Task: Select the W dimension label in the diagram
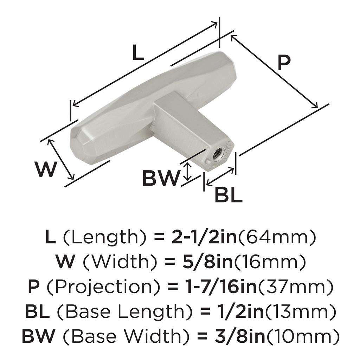click(x=46, y=170)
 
